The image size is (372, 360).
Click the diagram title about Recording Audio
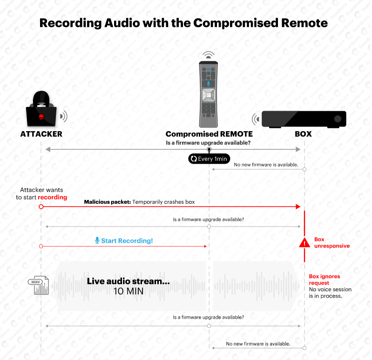coord(183,23)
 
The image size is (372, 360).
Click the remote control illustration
coord(209,93)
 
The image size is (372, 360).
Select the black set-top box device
coord(304,119)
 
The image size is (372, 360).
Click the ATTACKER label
coord(41,134)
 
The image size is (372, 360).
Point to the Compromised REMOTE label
coord(209,134)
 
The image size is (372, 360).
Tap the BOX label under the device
coord(304,134)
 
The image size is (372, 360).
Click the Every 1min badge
coord(209,159)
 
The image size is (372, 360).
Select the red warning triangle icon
coord(304,243)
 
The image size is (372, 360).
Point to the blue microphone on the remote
coord(209,84)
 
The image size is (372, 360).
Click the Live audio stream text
coord(128,281)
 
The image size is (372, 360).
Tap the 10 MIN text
coord(128,292)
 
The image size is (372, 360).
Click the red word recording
coord(53,197)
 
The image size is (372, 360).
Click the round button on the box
coord(338,119)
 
